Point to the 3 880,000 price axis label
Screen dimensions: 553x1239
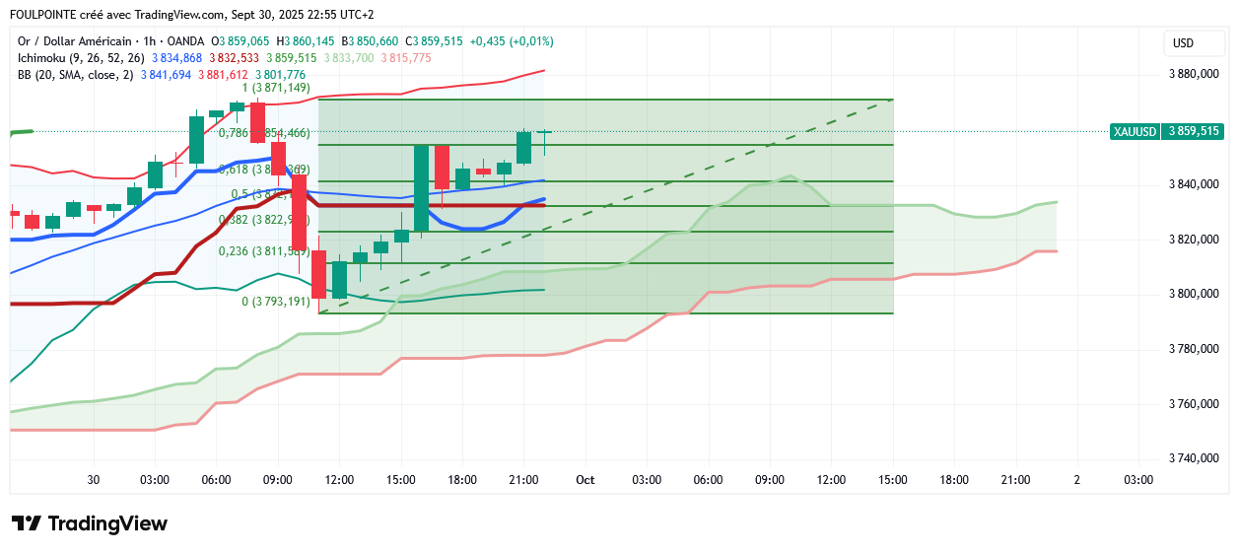click(x=1194, y=73)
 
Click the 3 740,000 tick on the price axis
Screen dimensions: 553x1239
click(x=1194, y=458)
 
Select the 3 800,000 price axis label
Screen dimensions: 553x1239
click(x=1194, y=294)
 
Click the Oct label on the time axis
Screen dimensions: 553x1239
click(x=585, y=480)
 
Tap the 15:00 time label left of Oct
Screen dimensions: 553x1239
click(x=400, y=480)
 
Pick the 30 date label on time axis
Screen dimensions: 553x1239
click(x=94, y=480)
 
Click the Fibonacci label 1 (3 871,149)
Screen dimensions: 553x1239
click(x=283, y=88)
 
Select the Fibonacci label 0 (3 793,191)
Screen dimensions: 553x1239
click(x=276, y=302)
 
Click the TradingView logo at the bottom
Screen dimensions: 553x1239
click(x=90, y=523)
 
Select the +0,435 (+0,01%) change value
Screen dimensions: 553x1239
click(x=511, y=41)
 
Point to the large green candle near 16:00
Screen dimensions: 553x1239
click(x=421, y=188)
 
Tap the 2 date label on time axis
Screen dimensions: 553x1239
click(x=1076, y=480)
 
